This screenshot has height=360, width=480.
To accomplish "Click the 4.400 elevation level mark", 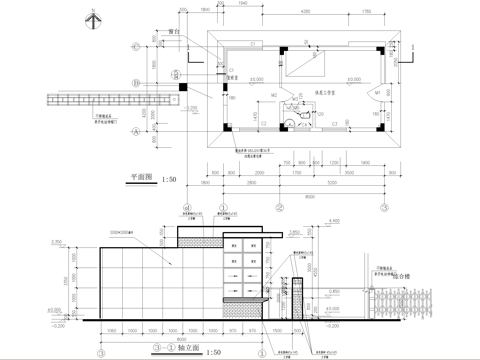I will coord(336,221).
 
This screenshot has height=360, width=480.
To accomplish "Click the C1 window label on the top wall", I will coord(254,45).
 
